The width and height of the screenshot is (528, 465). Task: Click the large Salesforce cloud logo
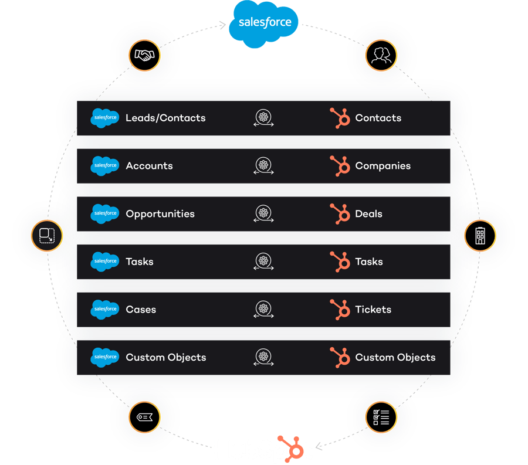(x=264, y=22)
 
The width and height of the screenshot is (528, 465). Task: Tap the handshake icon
(x=144, y=56)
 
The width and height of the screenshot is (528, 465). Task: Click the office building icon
(x=480, y=236)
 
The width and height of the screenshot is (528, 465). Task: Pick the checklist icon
(x=381, y=417)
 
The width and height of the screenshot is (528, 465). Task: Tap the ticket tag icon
(x=144, y=417)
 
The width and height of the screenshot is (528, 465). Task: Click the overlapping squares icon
(x=47, y=236)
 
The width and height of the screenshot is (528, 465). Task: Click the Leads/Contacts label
(x=165, y=118)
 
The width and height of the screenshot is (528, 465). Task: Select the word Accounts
(x=149, y=166)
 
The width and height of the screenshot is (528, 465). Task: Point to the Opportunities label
(x=160, y=214)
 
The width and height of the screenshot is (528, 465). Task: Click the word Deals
(x=368, y=214)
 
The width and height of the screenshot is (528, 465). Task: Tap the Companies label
(x=383, y=166)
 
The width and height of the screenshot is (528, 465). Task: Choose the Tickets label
(x=373, y=310)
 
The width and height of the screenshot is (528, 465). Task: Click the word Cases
(x=141, y=310)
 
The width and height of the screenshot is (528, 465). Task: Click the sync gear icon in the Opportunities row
(x=263, y=214)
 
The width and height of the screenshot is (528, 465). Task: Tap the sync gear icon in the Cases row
(x=263, y=310)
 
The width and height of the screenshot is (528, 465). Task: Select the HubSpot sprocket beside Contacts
(x=340, y=118)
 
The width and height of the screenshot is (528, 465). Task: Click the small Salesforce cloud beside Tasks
(x=105, y=262)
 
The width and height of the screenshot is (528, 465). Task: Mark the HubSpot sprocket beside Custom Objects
(x=340, y=357)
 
